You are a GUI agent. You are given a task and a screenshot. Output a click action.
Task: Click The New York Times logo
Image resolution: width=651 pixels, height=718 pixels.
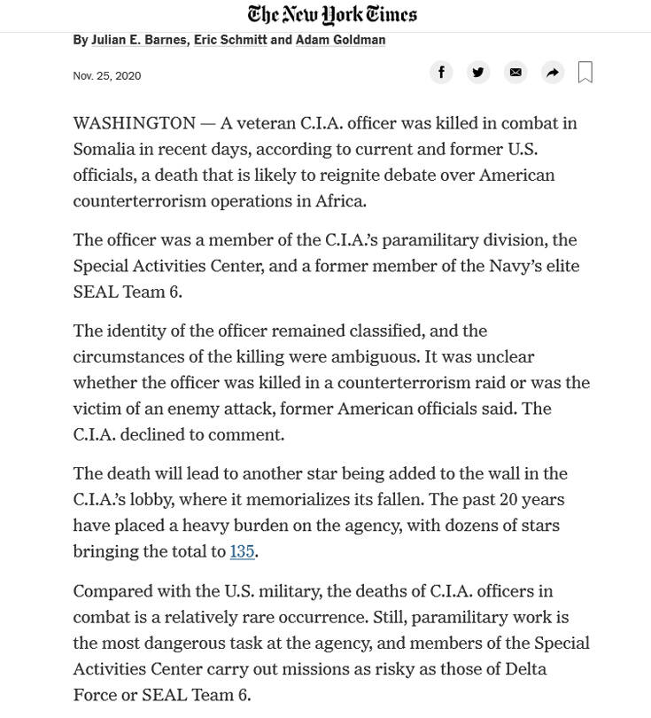(332, 14)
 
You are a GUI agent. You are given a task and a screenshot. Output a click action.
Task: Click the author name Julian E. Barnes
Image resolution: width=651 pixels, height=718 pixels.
(139, 40)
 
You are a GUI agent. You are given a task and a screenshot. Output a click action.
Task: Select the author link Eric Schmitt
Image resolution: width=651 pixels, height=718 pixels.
(230, 40)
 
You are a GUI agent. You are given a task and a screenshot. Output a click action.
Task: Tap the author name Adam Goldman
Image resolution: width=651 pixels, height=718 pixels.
(340, 40)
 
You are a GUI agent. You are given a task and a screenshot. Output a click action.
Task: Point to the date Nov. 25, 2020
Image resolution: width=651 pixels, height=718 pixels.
(106, 76)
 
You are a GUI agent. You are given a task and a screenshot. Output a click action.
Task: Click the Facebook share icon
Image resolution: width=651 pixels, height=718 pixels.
(441, 73)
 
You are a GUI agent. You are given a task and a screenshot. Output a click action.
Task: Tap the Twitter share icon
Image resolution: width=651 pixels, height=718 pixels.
(478, 73)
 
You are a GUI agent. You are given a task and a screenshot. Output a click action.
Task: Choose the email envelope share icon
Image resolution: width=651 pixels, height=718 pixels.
(515, 73)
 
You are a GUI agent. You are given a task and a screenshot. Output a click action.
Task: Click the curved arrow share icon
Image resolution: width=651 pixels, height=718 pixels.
(553, 73)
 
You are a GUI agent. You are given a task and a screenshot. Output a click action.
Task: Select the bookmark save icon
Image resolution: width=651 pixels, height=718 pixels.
(585, 73)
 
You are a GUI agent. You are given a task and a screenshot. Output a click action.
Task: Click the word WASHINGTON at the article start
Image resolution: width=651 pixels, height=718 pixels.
(134, 123)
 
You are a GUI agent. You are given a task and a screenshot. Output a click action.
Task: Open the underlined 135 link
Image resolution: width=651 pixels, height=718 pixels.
(242, 551)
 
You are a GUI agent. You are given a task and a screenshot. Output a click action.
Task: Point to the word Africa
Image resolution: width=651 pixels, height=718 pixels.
(340, 200)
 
